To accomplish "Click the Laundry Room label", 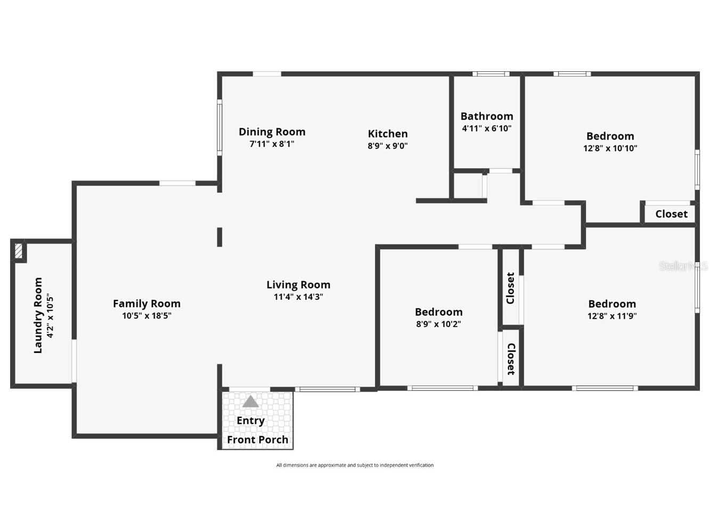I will [38, 315].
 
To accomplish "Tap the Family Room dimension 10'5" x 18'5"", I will [146, 316].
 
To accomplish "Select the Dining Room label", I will [272, 132].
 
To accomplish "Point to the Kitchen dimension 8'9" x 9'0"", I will [388, 146].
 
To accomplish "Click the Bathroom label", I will [487, 116].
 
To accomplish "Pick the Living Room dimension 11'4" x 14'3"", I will [298, 297].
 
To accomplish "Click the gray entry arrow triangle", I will [250, 402].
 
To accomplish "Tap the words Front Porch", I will [257, 439].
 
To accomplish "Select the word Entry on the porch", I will [250, 421].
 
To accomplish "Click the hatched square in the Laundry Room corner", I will [19, 251].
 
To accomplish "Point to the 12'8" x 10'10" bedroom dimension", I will [610, 149].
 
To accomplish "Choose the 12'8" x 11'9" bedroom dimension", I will [612, 316].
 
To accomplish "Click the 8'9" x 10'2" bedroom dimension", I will [438, 324].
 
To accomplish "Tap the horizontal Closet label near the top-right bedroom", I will [671, 214].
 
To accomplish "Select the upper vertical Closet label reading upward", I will [510, 288].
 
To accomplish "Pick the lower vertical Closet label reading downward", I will [510, 359].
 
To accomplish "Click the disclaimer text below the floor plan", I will [355, 465].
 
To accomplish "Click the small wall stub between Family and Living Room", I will [219, 237].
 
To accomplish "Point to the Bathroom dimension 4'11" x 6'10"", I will [487, 128].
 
